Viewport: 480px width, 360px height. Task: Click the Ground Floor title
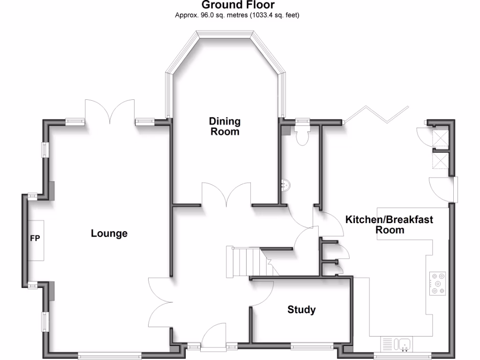[238, 5]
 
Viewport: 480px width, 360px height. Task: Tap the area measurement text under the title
[237, 15]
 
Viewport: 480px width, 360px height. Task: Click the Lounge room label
[109, 233]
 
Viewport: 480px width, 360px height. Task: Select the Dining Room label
[225, 127]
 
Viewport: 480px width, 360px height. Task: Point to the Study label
[301, 309]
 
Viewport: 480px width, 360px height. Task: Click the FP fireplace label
[35, 239]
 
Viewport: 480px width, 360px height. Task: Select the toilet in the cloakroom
[302, 134]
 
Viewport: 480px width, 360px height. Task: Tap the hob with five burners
[437, 284]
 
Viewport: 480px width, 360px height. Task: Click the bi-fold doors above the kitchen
[375, 115]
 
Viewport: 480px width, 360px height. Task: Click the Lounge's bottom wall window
[109, 354]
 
